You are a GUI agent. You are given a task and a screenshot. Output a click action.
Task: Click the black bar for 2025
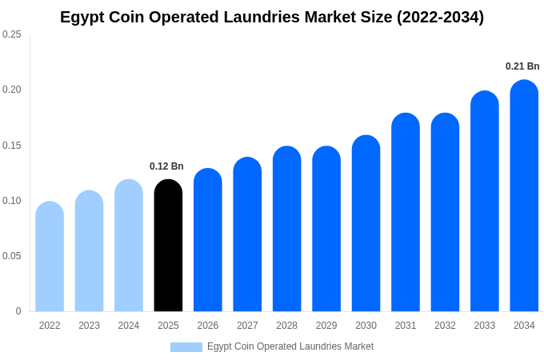pos(168,246)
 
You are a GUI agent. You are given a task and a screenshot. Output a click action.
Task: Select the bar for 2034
pos(524,196)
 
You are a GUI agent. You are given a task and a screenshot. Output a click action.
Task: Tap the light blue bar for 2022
pos(50,257)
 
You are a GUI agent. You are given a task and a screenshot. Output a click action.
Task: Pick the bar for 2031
pos(406,213)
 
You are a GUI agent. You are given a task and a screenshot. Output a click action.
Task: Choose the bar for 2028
pos(286,230)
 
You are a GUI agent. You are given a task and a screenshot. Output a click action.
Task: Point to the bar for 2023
pos(89,251)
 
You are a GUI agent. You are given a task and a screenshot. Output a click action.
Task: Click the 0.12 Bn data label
pos(166,166)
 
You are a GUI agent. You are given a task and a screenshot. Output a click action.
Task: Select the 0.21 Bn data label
pos(522,66)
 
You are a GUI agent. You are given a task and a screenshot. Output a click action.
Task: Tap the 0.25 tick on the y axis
pos(12,34)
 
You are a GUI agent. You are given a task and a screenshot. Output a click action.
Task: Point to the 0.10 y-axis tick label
pos(12,201)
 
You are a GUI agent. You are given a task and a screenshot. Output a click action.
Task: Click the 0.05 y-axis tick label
pos(12,256)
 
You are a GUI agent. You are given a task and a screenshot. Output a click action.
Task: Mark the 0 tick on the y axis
pos(18,311)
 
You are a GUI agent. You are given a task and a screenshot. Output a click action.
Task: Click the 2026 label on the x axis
pos(208,326)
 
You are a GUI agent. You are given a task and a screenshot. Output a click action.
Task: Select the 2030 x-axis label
pos(366,326)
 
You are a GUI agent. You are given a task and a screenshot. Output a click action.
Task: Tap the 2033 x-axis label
pos(485,326)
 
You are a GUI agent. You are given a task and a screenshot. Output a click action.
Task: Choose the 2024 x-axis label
pos(129,326)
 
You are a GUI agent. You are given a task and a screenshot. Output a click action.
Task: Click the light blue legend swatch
pos(186,347)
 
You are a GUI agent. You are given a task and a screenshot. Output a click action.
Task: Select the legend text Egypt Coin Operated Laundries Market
pos(290,346)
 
